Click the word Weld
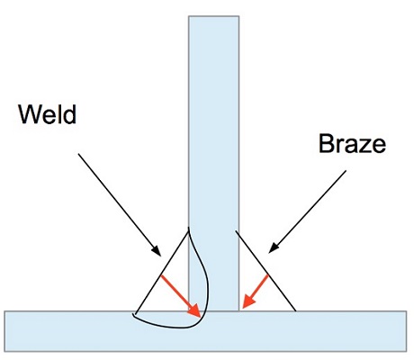(x=48, y=113)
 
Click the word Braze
(x=352, y=144)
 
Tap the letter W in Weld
(x=30, y=114)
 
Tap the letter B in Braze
(x=326, y=144)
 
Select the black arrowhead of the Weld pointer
(x=157, y=251)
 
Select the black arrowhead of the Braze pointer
(x=274, y=247)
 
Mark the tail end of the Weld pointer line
(x=78, y=154)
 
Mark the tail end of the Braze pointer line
(x=346, y=171)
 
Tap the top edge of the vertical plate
(x=213, y=16)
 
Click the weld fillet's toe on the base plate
(x=135, y=314)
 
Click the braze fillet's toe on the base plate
(x=296, y=310)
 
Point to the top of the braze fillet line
(x=236, y=231)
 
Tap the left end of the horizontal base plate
(x=4, y=331)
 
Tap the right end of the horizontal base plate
(x=407, y=331)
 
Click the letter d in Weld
(x=70, y=114)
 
